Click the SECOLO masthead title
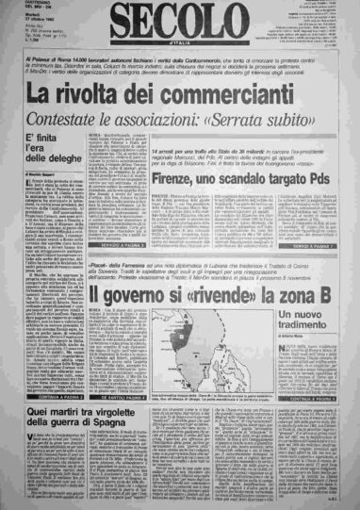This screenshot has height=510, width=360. pyautogui.click(x=179, y=21)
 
